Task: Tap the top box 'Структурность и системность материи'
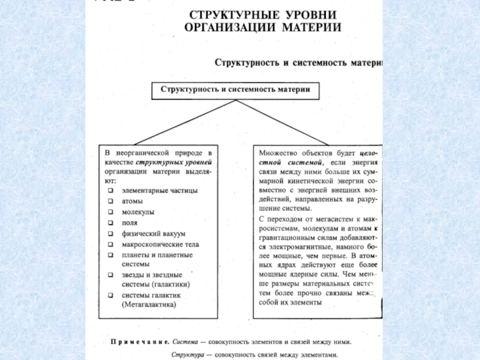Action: point(235,91)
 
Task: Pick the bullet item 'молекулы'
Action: point(138,212)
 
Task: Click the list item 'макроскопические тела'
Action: point(160,244)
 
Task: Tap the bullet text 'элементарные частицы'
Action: point(160,190)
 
